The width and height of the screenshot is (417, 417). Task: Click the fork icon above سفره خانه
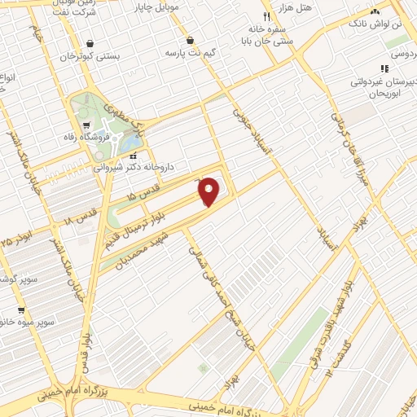[266, 16]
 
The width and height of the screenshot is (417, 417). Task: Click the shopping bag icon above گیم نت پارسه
[190, 39]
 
